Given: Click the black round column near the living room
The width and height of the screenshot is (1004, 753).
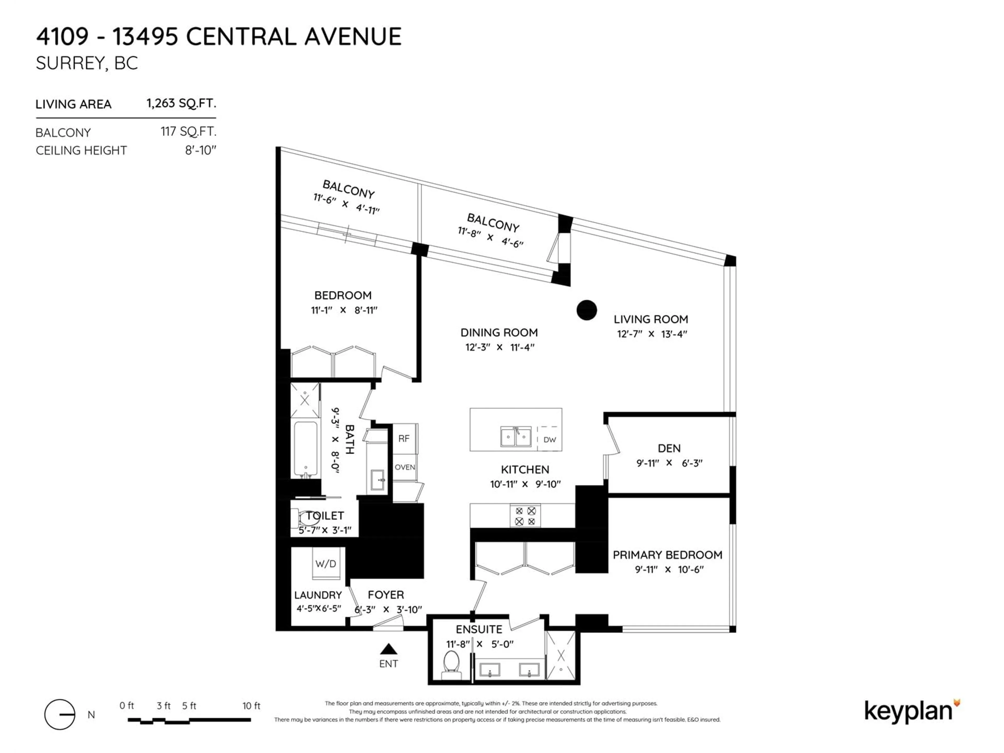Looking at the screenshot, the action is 586,310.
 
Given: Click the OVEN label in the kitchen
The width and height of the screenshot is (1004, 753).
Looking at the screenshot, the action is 404,467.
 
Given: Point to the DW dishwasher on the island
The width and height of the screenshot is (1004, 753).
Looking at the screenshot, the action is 550,439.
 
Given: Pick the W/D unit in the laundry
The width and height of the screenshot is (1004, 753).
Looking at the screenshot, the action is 326,563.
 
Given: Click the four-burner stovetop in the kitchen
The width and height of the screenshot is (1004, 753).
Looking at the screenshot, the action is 525,516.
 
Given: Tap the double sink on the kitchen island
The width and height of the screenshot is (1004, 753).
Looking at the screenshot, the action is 516,437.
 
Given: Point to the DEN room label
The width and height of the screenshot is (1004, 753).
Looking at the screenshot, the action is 669,448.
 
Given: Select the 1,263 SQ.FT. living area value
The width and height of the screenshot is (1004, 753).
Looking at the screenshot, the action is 181,104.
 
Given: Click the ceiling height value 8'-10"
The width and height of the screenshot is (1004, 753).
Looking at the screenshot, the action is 201,150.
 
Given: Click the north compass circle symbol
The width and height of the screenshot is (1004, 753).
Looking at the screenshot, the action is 59,714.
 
